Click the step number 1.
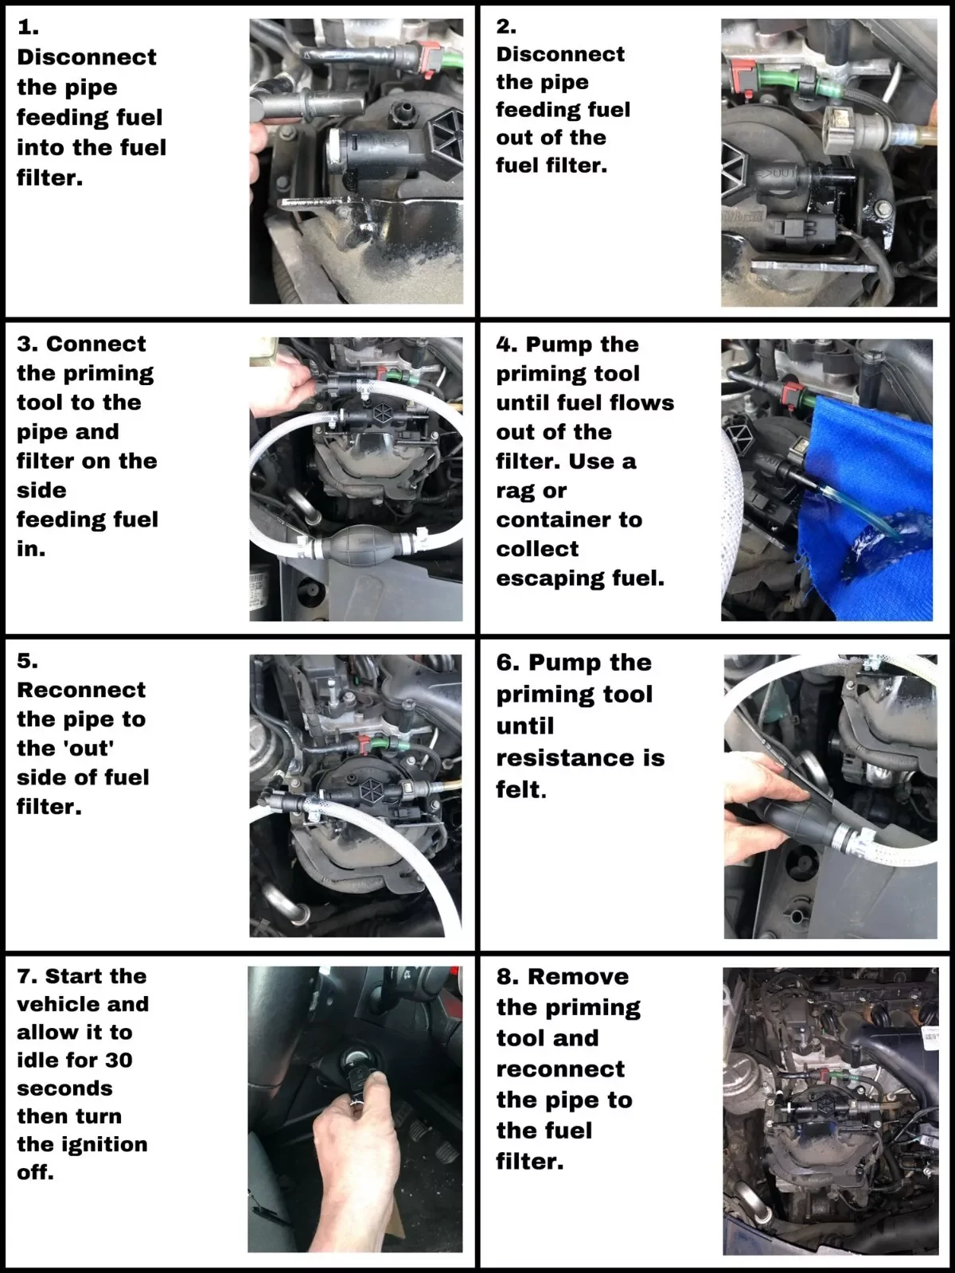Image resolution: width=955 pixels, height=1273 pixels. (x=27, y=27)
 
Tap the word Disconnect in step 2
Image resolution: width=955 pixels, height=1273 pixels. (x=560, y=54)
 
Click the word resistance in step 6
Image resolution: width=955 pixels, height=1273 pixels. (x=580, y=757)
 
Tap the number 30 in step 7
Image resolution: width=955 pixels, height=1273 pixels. (x=119, y=1060)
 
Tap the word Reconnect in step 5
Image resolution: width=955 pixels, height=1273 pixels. (x=81, y=690)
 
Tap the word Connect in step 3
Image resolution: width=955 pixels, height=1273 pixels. (x=96, y=344)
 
